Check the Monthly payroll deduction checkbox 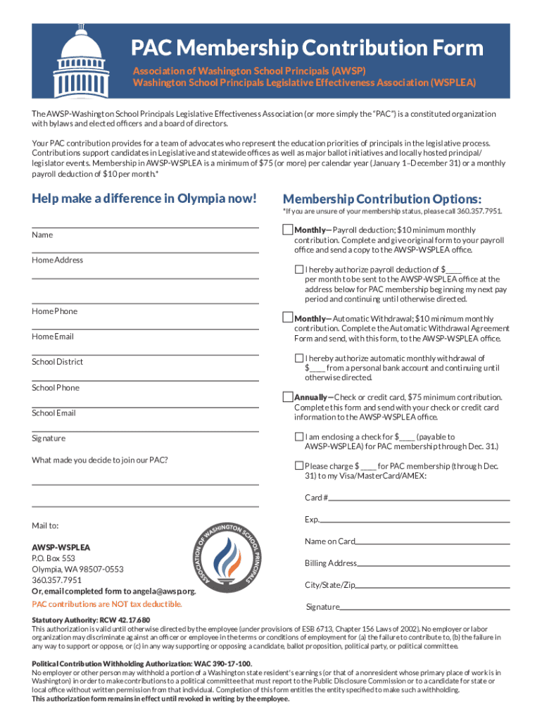point(287,230)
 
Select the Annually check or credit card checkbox point(287,396)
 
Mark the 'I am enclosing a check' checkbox point(299,437)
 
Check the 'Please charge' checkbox point(299,465)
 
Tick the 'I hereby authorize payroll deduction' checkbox point(299,269)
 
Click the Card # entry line point(420,499)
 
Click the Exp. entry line point(415,522)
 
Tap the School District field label point(57,362)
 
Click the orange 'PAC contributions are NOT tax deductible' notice point(107,604)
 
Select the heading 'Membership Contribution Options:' point(382,199)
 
